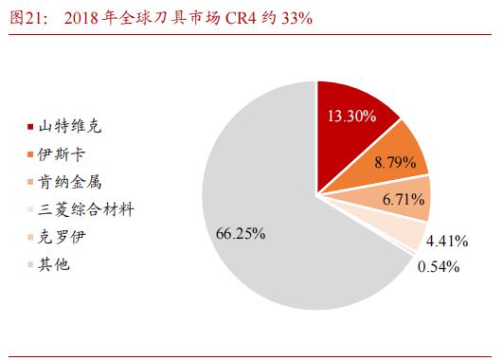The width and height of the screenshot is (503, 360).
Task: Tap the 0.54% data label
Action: click(x=439, y=266)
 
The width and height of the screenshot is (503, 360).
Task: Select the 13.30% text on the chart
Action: click(x=351, y=117)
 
